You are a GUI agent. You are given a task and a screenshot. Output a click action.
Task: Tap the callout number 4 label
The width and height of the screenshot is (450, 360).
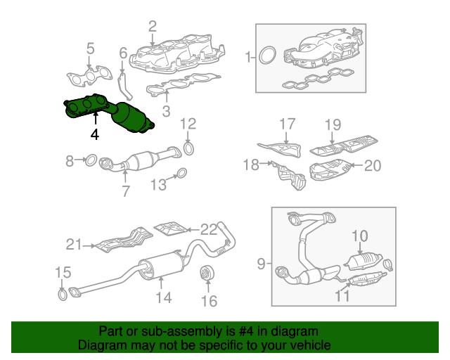[94, 133]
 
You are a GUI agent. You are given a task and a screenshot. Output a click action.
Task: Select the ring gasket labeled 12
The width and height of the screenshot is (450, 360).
[188, 148]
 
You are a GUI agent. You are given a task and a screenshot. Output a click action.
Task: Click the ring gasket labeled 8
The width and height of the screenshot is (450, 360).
[91, 162]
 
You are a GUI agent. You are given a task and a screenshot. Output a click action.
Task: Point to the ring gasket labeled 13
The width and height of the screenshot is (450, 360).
[180, 174]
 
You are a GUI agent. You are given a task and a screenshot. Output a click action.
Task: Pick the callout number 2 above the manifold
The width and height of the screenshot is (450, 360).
[153, 27]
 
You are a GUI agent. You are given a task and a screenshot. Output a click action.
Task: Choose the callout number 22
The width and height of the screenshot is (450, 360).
[209, 229]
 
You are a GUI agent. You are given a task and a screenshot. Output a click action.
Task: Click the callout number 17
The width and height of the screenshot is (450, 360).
[286, 125]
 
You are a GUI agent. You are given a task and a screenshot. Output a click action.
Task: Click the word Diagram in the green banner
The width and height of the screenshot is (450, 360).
[99, 346]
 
